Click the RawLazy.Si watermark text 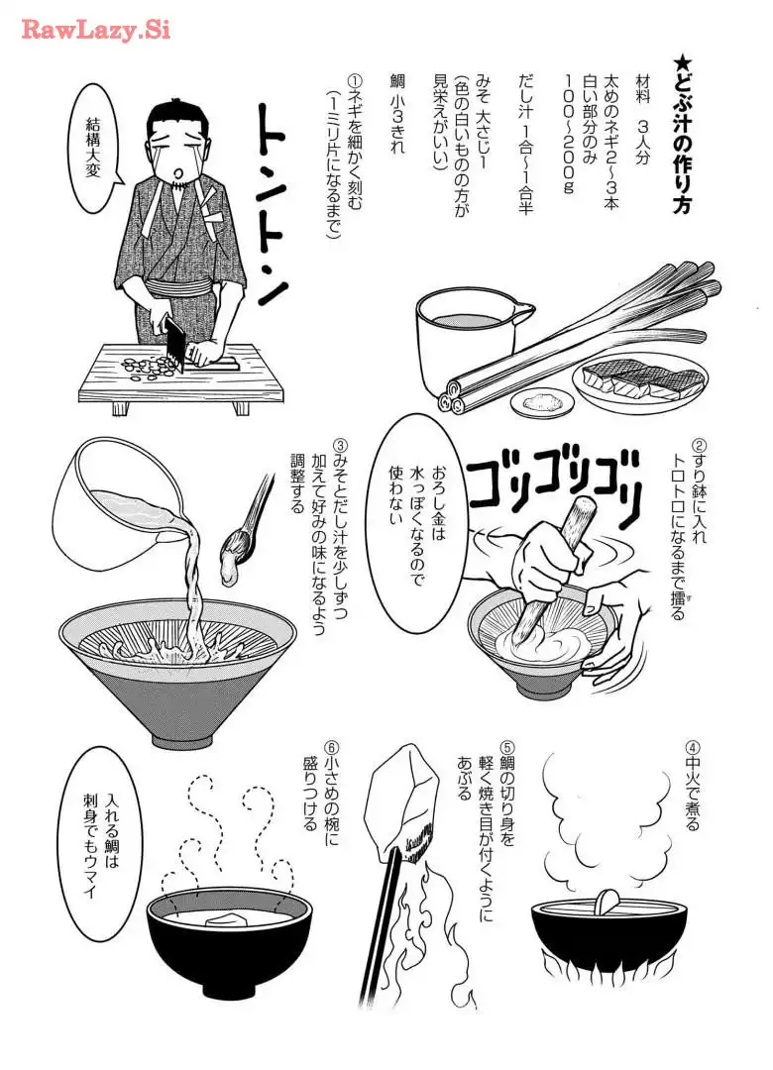[96, 30]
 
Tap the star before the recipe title [680, 64]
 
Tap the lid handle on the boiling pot [608, 900]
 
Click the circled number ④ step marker [692, 749]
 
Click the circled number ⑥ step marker [331, 749]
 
